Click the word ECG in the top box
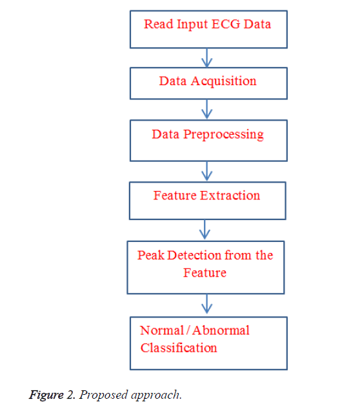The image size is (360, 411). coord(226,24)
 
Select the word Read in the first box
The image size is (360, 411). coord(159,24)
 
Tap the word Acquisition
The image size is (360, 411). coord(223,81)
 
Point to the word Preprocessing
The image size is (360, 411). coord(223,135)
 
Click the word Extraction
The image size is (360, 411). coord(230,195)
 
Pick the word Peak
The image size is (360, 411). coord(151,256)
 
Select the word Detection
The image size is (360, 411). coord(194,256)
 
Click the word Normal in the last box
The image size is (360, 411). coord(162,330)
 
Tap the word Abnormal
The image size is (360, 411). coord(221,330)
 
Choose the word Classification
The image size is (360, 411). coord(179,348)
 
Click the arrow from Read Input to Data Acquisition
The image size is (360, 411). coord(206,58)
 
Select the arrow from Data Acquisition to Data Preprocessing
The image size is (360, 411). coord(206,109)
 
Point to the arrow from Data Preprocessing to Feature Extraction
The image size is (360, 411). coord(206,171)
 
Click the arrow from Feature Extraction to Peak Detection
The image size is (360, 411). coord(205,230)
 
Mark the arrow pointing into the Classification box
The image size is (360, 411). coord(206,304)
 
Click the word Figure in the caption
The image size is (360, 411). coord(46,396)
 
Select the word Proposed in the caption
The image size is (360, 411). coord(103,396)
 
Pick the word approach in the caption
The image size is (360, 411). coord(156,396)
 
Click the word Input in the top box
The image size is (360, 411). coord(192,25)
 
